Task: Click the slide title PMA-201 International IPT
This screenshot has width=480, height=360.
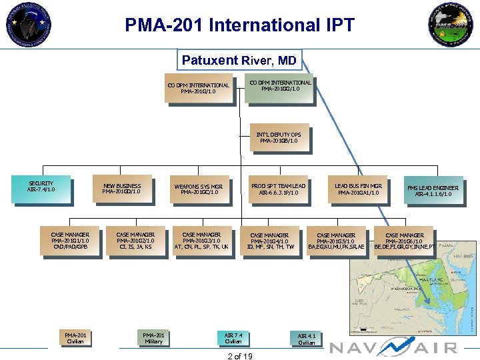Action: coord(239,26)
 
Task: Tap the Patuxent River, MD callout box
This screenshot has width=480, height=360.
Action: coord(239,61)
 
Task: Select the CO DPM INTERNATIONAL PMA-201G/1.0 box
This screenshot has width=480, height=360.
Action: coord(198,89)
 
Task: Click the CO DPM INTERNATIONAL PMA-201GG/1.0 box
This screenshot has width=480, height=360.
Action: coord(279,87)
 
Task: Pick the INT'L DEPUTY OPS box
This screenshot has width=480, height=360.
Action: coord(278,138)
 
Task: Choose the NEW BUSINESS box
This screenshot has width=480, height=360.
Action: coord(121,189)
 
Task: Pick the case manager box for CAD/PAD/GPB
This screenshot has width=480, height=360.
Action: coord(69,241)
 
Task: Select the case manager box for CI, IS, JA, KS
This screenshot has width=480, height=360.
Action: coord(135,241)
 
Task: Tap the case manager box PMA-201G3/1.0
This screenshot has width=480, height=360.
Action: coord(201,241)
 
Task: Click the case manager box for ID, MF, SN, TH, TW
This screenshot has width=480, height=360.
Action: coord(269,241)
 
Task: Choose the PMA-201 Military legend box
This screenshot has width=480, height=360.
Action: coord(153,338)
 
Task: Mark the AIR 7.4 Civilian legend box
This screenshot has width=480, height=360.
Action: coord(233,338)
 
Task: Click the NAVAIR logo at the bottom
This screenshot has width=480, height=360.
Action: coord(393,347)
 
